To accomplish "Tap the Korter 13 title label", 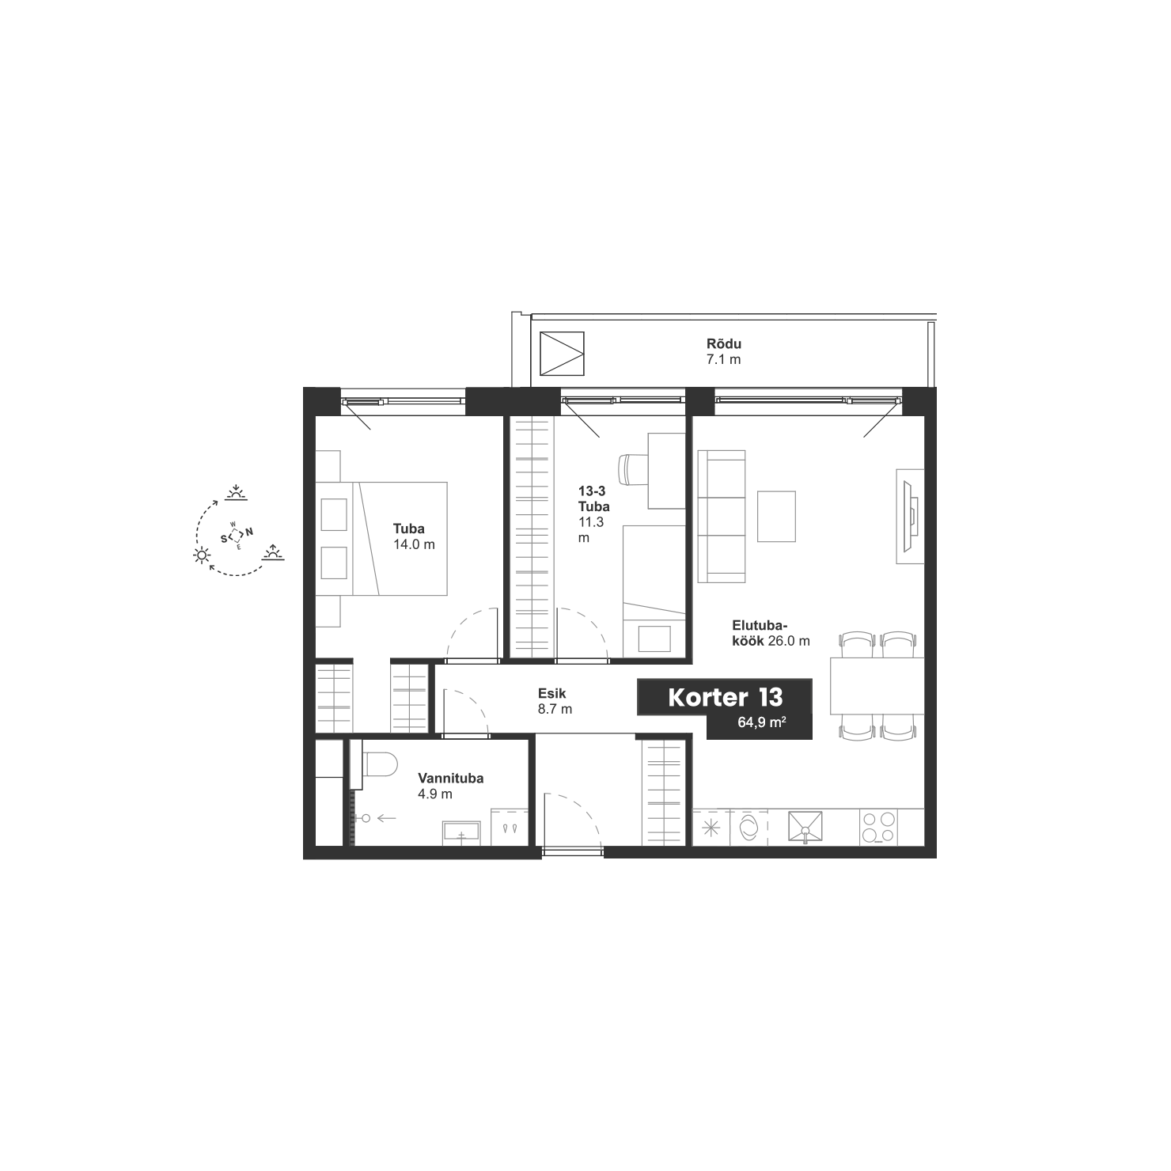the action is point(726,697).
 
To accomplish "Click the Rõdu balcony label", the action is point(724,344).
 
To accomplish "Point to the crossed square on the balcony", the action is point(562,354).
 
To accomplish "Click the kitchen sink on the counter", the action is point(805,827).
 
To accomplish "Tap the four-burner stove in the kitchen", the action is point(878,828).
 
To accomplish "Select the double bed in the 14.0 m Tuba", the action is point(381,539).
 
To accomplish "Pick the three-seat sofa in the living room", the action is point(722,517).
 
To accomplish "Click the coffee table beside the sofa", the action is point(776,517).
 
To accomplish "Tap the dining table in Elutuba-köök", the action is point(877,686).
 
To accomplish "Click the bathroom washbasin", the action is point(460,833).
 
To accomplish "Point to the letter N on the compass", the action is point(249,532).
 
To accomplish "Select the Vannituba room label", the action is point(451,779).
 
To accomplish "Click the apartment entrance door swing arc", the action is point(587,807).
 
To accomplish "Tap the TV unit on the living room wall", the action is point(910,516).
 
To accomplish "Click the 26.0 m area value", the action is point(789,642).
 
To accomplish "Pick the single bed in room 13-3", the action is point(654,591).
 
